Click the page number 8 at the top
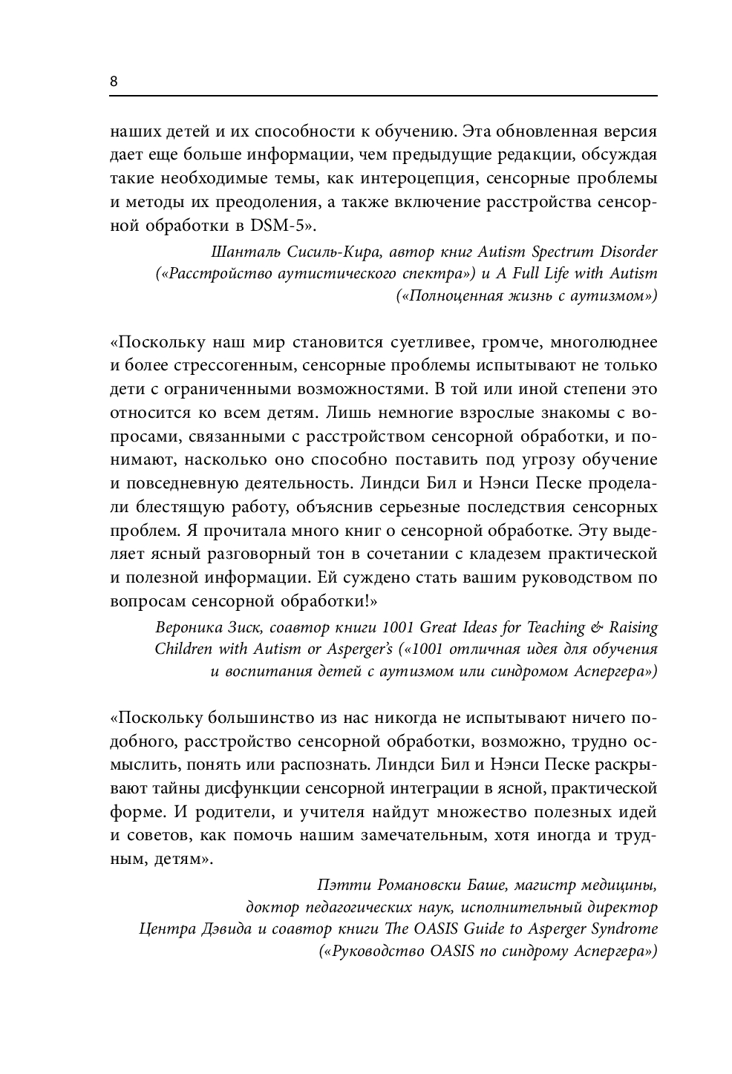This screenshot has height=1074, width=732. (114, 82)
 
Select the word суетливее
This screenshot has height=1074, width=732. (420, 343)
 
